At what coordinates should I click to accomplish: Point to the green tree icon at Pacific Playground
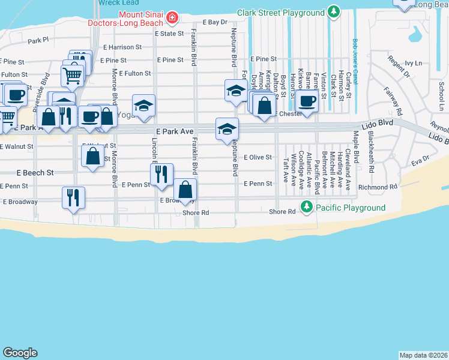[x=307, y=208]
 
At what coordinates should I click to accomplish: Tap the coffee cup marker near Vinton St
[x=307, y=101]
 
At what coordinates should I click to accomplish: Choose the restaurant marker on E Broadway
[x=73, y=197]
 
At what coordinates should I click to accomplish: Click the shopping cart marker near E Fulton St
[x=72, y=76]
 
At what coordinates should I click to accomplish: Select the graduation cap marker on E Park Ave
[x=228, y=128]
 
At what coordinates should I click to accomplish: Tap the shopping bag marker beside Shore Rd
[x=185, y=190]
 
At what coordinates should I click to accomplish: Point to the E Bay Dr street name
[x=215, y=22]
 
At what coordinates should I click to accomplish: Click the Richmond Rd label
[x=378, y=187]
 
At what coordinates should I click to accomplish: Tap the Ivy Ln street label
[x=414, y=63]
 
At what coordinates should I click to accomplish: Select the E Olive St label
[x=258, y=157]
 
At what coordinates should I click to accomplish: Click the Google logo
[x=20, y=353]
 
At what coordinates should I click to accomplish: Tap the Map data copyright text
[x=423, y=355]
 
